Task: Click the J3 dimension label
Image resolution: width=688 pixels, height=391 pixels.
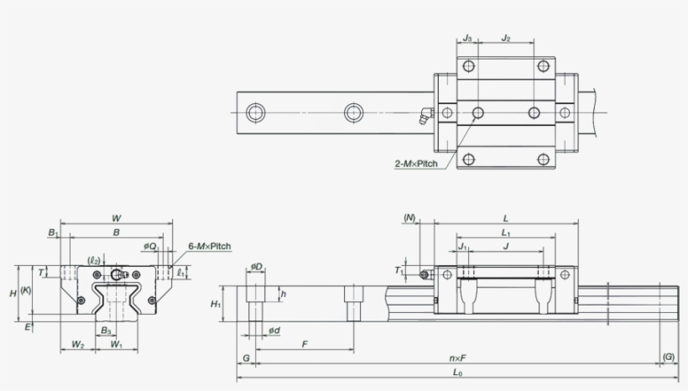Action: [467, 38]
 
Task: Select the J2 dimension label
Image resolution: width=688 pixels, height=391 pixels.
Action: [506, 38]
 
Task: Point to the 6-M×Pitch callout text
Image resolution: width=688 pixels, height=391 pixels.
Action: [209, 247]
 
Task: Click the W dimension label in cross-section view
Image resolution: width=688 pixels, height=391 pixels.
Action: [116, 219]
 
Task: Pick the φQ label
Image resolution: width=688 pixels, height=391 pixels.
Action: [150, 247]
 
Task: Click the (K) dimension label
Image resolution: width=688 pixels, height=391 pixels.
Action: [26, 291]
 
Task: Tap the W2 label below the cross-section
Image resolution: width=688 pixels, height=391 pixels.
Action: [77, 344]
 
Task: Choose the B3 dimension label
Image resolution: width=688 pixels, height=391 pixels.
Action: [106, 331]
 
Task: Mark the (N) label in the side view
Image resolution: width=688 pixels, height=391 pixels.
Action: [409, 217]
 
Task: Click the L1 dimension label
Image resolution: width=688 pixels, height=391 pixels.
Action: [505, 232]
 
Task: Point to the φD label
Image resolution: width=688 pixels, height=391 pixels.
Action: [256, 268]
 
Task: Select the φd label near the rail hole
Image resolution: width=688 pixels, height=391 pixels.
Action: [274, 331]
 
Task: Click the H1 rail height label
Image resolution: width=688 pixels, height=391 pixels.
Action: [216, 304]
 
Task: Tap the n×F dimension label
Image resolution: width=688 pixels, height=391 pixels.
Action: [457, 358]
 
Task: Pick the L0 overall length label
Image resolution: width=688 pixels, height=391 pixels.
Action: [457, 372]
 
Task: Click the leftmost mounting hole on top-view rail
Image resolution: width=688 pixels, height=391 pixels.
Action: [254, 112]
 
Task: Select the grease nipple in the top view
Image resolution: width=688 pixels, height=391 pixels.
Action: [424, 115]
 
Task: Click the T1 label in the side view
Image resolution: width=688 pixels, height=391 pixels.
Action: [399, 271]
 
